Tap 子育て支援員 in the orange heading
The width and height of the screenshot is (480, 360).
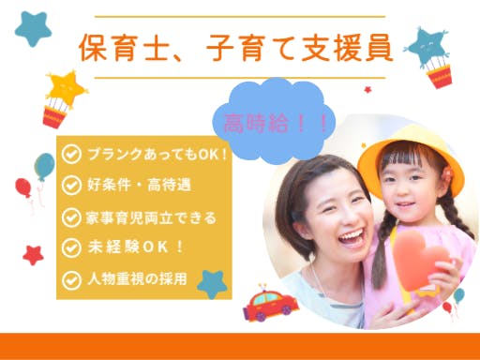pos(299,48)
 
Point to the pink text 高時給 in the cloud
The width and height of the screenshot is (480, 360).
pos(256,123)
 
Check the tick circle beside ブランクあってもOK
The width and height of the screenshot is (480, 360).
pos(71,154)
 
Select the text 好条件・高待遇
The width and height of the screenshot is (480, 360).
pos(139,185)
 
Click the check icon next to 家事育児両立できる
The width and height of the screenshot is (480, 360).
pos(71,217)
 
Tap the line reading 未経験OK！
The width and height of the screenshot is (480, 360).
pos(136,247)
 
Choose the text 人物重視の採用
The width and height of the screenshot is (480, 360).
pos(138,279)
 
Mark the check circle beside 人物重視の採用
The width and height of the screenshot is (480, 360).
pos(71,280)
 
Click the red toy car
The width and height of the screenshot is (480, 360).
pos(271,304)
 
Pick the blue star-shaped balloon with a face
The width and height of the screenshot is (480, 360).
pos(427,47)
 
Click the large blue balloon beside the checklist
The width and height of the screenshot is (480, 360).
pos(45,166)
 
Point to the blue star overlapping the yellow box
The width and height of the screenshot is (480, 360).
pos(212,284)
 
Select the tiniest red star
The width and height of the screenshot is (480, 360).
pos(367,90)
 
